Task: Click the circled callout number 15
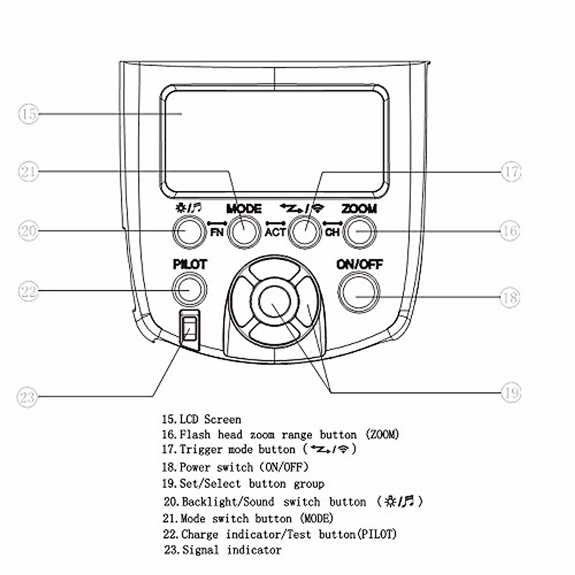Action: (28, 114)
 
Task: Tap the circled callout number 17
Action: (511, 172)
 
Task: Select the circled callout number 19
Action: (511, 393)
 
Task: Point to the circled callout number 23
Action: (27, 397)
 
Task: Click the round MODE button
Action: (244, 231)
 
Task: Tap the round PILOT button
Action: (189, 289)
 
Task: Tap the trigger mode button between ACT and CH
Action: (305, 231)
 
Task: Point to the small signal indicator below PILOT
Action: (190, 330)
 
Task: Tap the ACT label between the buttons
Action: (275, 232)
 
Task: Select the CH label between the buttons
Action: (332, 232)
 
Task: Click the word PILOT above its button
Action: (190, 264)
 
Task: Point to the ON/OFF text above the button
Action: (359, 264)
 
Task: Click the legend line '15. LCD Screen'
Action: (201, 420)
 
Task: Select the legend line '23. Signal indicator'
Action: (222, 550)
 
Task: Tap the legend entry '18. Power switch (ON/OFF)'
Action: (235, 467)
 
